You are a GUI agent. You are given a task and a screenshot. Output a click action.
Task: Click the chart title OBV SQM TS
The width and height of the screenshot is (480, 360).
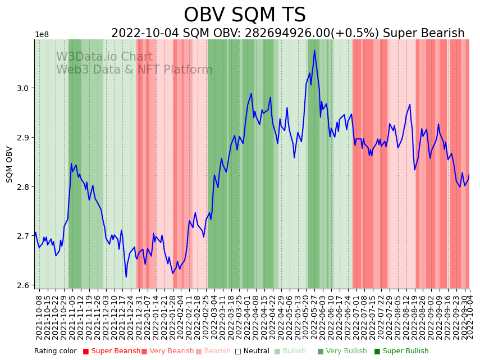coord(245,15)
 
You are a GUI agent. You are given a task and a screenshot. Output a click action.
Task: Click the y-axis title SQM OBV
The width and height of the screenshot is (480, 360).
coord(10,164)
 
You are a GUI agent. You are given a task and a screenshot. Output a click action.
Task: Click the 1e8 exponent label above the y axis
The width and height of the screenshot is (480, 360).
coord(42,35)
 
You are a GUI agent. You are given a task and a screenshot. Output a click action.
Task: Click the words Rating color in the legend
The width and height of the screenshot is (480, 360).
coord(55,352)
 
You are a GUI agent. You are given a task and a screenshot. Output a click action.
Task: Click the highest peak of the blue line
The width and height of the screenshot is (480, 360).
coord(314,51)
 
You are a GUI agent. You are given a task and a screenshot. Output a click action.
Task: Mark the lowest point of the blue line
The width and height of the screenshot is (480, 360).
coord(126,277)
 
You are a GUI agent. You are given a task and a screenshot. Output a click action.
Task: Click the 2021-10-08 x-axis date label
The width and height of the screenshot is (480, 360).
coord(39,317)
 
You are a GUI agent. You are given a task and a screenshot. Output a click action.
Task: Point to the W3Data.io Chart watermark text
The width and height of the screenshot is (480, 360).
coord(104,57)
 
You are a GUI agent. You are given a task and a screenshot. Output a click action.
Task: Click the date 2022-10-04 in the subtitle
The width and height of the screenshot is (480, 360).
coord(145,34)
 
